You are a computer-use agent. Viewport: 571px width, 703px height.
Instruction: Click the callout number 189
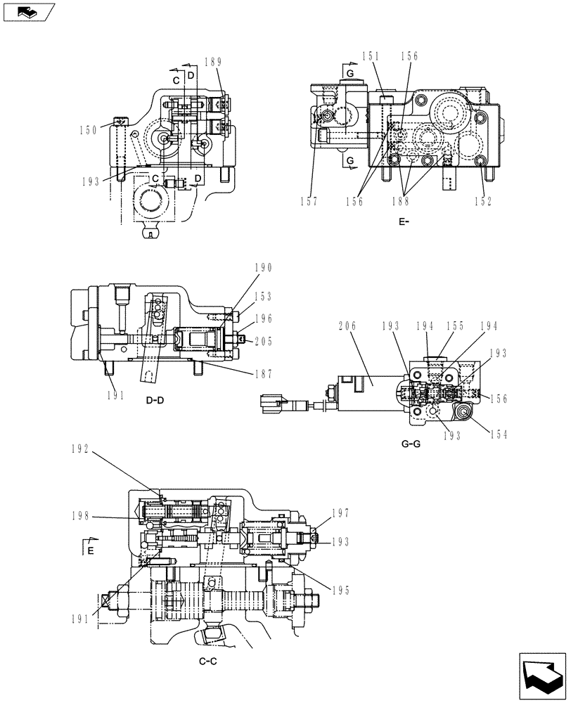(214, 62)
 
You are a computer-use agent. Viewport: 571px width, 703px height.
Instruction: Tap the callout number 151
(371, 57)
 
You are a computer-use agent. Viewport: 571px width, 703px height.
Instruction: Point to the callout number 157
(307, 201)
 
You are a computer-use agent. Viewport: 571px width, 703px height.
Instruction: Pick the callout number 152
(482, 201)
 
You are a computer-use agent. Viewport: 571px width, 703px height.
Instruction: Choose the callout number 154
(497, 435)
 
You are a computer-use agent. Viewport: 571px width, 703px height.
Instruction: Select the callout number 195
(340, 589)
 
